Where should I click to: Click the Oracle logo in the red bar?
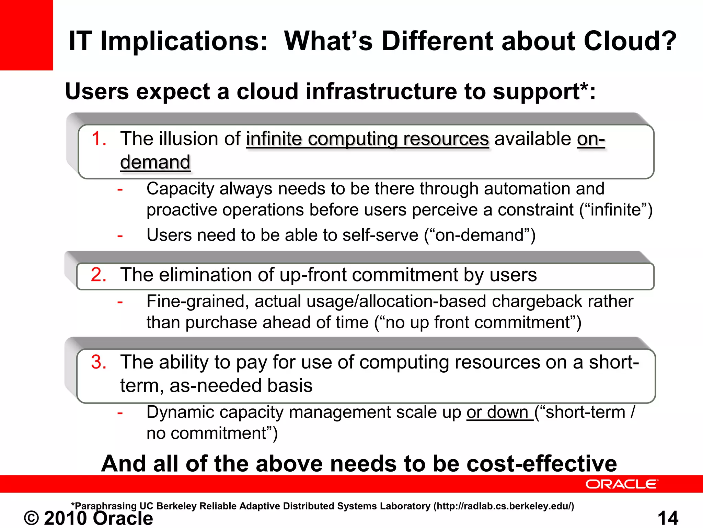click(622, 484)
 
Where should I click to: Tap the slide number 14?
click(668, 518)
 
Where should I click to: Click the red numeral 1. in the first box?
click(99, 139)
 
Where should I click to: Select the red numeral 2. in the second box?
click(99, 275)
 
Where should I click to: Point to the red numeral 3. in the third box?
click(99, 362)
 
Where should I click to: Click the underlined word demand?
click(155, 162)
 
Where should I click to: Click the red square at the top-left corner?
click(26, 34)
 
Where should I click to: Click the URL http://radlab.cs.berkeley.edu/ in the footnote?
click(504, 506)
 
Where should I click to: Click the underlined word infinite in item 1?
click(274, 139)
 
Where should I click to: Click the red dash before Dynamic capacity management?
click(120, 412)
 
